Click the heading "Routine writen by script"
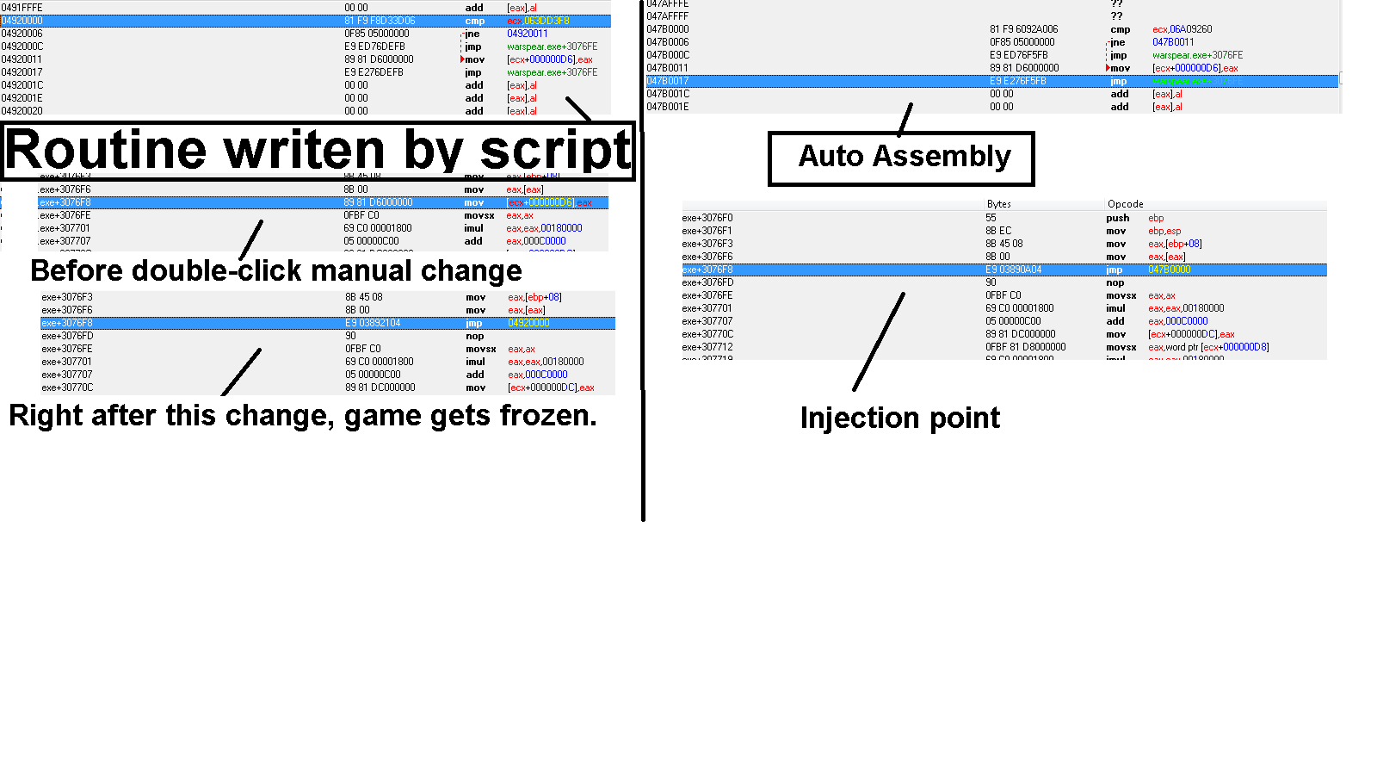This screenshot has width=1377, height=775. (x=318, y=151)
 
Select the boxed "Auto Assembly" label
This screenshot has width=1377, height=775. (x=904, y=157)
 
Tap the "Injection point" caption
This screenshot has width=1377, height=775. (x=899, y=418)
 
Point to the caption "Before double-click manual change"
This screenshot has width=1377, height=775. (x=275, y=270)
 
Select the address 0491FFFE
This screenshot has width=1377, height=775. (x=22, y=8)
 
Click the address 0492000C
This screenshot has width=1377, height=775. (x=22, y=46)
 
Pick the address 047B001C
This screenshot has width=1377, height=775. (x=668, y=94)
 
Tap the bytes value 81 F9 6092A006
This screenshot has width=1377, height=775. (x=1023, y=29)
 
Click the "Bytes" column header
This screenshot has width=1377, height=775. (x=999, y=204)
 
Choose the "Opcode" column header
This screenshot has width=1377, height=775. (x=1125, y=204)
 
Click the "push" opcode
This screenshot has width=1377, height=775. (x=1117, y=218)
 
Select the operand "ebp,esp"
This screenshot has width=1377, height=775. (x=1164, y=231)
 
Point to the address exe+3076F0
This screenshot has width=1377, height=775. (x=707, y=218)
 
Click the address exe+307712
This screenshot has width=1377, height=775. (x=707, y=347)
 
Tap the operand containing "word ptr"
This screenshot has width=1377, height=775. (x=1208, y=347)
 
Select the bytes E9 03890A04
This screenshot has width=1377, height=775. (x=1013, y=270)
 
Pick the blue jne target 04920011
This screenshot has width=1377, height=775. (x=527, y=34)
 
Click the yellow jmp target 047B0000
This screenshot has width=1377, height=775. (x=1169, y=270)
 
